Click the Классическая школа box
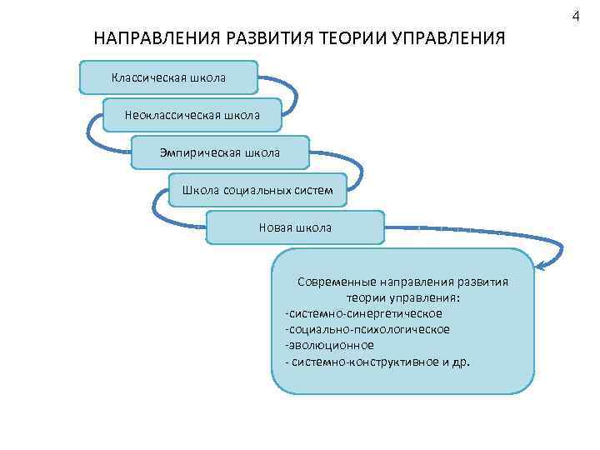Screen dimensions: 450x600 tap(168, 77)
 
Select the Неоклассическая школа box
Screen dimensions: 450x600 tap(192, 115)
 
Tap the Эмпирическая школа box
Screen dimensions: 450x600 tap(220, 152)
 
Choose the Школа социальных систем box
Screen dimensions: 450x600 tap(257, 190)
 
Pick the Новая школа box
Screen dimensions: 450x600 tap(295, 227)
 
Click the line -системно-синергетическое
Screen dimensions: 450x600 tap(363, 313)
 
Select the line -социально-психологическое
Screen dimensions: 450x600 tap(367, 329)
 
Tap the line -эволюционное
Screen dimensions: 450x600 tap(329, 344)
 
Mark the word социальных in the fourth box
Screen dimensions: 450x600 tap(257, 190)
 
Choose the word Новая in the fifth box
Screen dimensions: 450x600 tap(276, 227)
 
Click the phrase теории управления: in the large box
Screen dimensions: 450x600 tap(403, 297)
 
